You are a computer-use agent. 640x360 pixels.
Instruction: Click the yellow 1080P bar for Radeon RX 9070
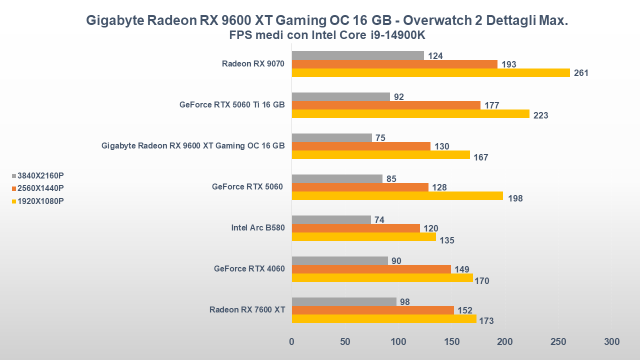point(430,73)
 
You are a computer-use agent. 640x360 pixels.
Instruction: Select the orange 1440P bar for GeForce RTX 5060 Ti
point(386,105)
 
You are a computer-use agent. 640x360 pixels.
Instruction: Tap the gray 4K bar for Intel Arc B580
point(331,219)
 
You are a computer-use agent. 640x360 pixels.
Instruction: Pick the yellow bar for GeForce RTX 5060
point(397,196)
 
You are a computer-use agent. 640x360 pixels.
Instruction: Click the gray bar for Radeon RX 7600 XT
point(344,302)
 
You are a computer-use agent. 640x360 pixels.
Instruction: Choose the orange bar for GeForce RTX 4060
point(371,269)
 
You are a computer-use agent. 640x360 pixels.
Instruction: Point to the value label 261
point(581,73)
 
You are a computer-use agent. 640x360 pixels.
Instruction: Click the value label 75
point(380,138)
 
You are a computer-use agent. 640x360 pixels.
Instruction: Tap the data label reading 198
point(515,198)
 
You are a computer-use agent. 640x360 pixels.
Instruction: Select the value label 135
point(447,240)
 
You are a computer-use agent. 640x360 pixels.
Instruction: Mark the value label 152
point(464,311)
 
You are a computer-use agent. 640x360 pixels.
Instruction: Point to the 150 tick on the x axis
point(451,342)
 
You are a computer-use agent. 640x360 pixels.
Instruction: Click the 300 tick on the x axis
point(611,342)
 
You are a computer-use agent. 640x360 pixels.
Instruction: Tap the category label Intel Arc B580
point(258,228)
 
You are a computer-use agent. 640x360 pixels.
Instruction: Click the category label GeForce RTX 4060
point(249,269)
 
